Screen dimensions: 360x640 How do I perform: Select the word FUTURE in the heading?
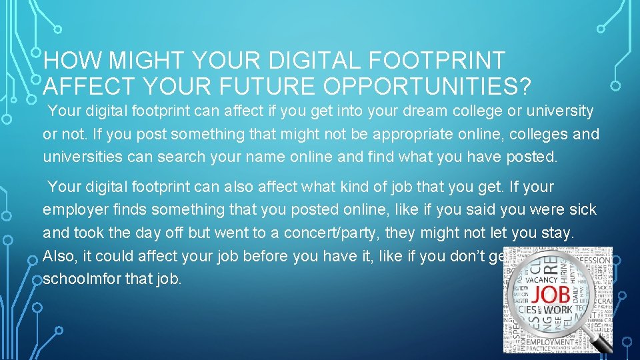pyautogui.click(x=275, y=86)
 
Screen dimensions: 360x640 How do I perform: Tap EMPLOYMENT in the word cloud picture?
pyautogui.click(x=551, y=341)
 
